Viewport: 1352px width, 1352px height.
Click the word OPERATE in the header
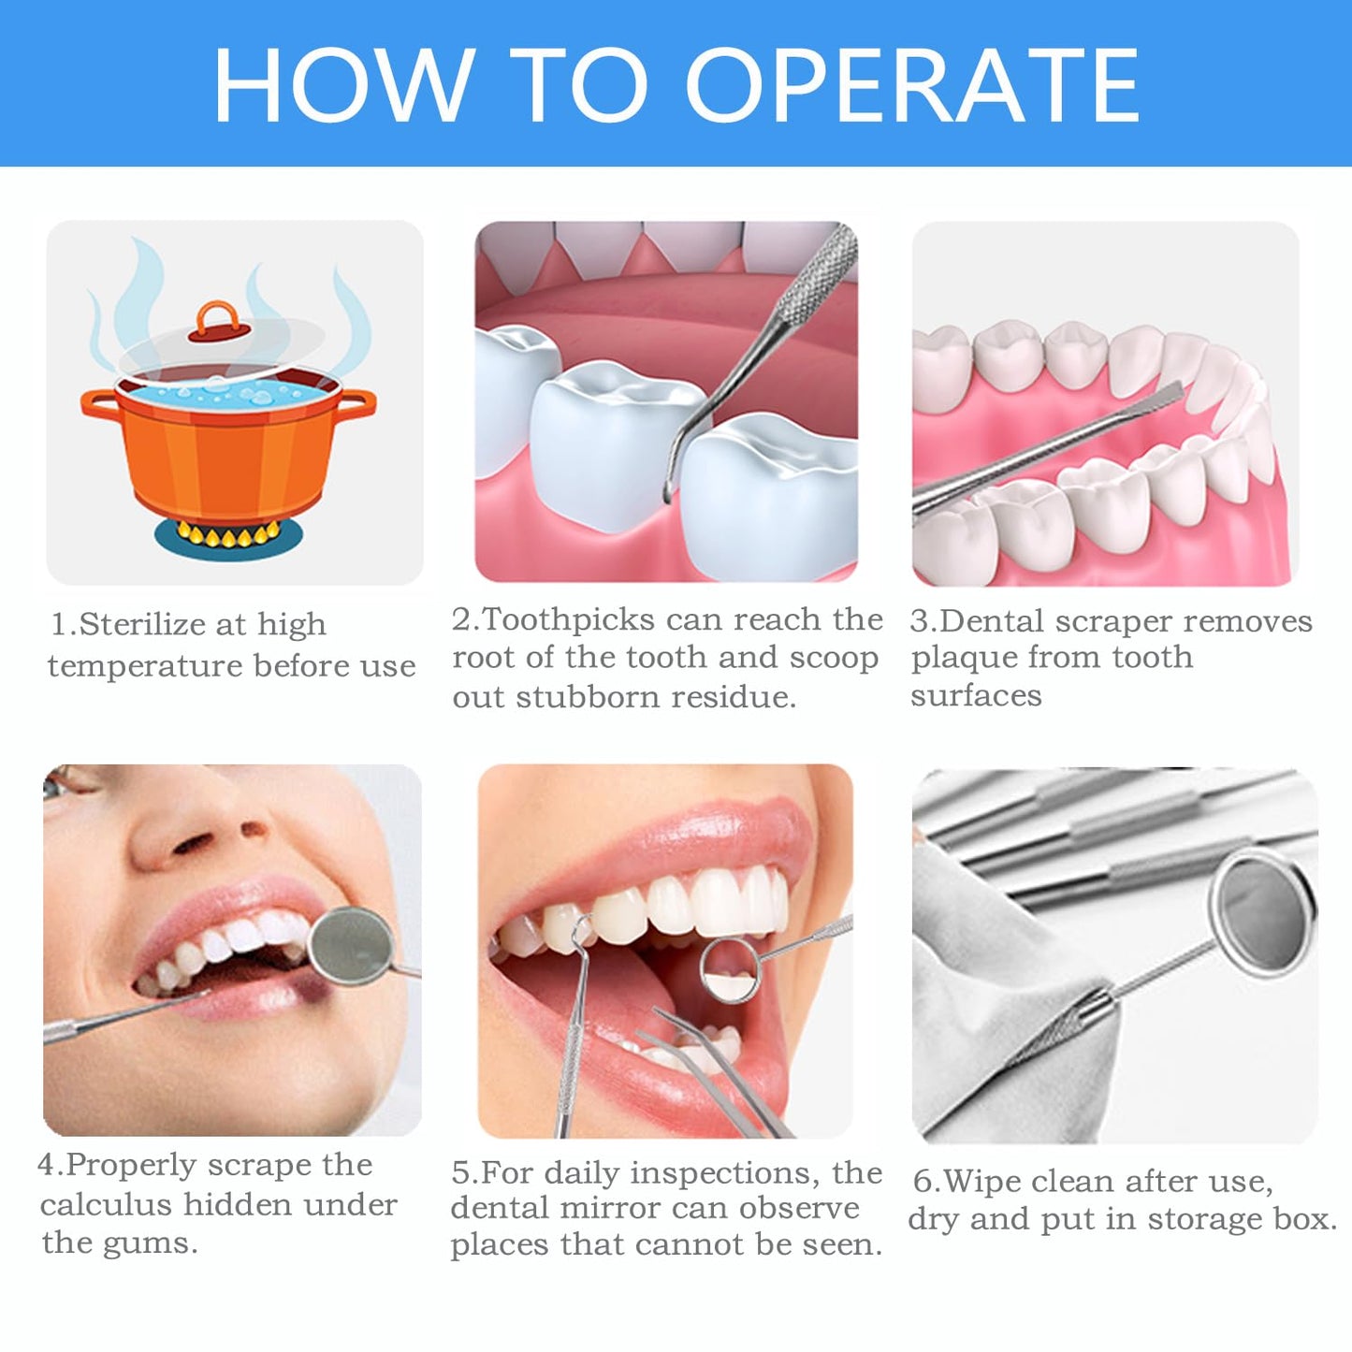tap(912, 85)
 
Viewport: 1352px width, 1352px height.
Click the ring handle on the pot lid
tap(216, 320)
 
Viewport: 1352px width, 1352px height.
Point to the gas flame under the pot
tap(228, 535)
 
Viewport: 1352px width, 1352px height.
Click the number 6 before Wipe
tap(923, 1182)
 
